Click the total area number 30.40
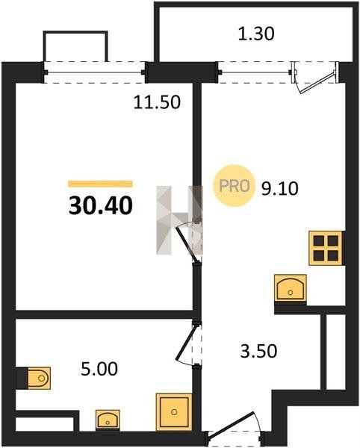coord(101,206)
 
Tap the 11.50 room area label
coord(157,102)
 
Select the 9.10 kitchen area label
coord(280,188)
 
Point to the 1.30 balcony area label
coord(256,34)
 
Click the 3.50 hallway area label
coord(258,351)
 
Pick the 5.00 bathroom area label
coord(99,369)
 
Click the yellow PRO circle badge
coord(234,186)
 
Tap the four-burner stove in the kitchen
coord(326,249)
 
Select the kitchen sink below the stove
coord(291,287)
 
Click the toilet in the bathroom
coord(39,378)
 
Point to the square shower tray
coord(174,411)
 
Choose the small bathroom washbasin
coord(108,419)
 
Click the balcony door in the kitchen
coord(315,78)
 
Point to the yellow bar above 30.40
coord(100,184)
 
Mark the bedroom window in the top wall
coord(95,72)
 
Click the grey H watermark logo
coord(179,220)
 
